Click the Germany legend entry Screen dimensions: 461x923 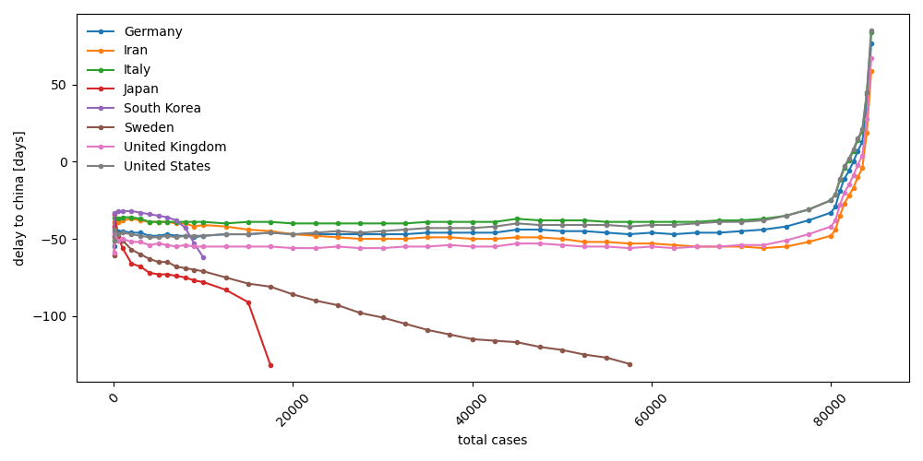point(153,31)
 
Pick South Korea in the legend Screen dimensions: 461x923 point(162,109)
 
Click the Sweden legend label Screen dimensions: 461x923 point(150,128)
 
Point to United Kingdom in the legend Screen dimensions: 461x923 point(174,148)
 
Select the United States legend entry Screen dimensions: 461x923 point(167,167)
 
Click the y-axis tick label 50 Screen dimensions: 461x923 point(58,85)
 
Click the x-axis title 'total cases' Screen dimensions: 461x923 point(492,441)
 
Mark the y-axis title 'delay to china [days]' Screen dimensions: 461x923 point(19,198)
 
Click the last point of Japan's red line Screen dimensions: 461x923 point(270,365)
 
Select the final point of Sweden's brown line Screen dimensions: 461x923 point(629,364)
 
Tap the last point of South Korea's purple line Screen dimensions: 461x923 point(203,257)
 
